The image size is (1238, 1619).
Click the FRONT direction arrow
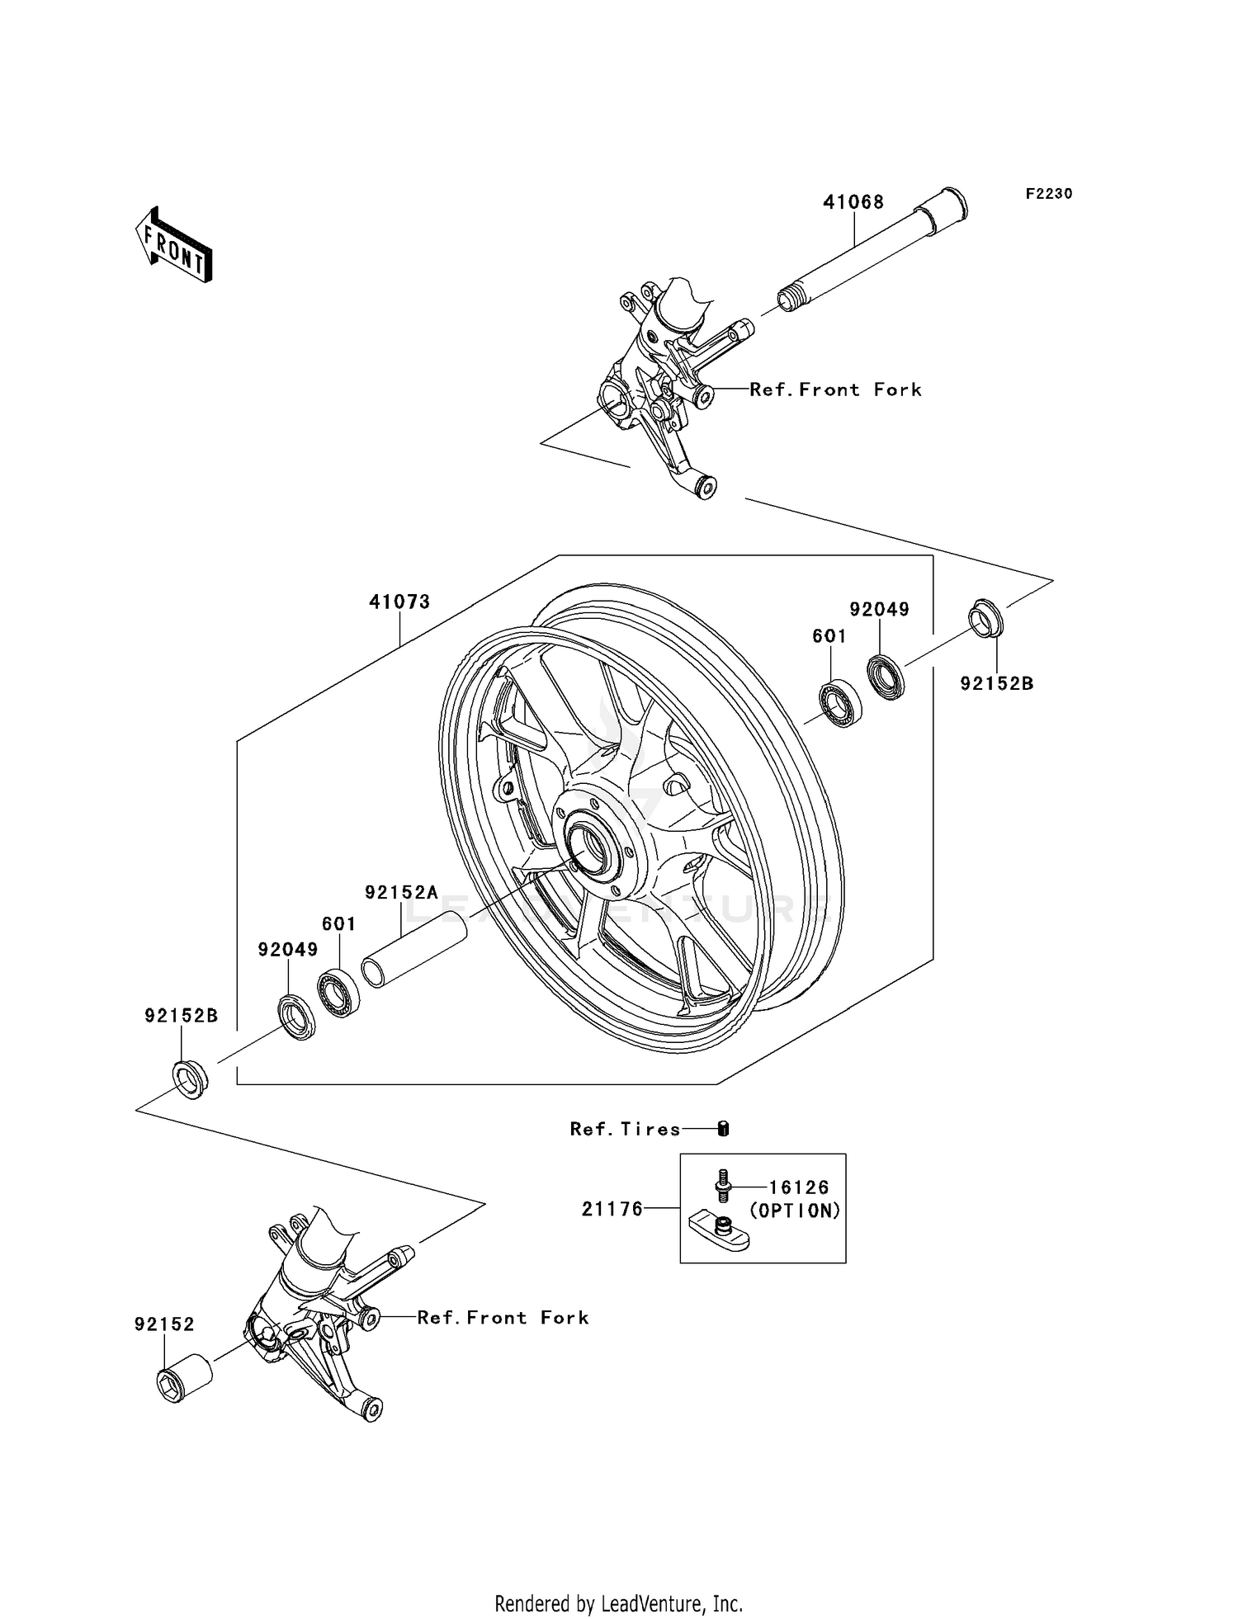point(174,245)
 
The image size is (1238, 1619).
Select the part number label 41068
point(853,202)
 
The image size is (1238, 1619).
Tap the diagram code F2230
point(1049,194)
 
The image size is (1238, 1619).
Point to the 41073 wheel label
point(399,602)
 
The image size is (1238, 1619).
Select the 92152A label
point(401,892)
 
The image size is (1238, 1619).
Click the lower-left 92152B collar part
point(190,1079)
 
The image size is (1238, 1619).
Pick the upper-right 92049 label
point(879,609)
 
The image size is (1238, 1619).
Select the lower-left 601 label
point(338,924)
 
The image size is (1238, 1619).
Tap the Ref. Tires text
point(625,1129)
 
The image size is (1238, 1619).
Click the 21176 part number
point(612,1210)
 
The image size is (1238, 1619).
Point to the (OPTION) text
point(795,1211)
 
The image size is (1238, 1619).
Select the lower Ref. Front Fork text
point(503,1318)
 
